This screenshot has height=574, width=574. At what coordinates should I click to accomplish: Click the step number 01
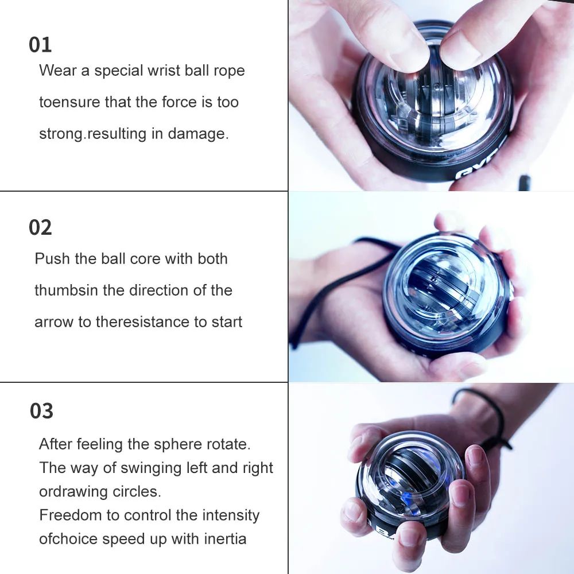point(40,45)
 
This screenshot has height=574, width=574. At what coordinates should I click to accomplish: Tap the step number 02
point(40,228)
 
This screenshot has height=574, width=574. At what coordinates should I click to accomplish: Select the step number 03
point(41,411)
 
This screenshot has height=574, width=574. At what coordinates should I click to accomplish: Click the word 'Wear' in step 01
point(57,71)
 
